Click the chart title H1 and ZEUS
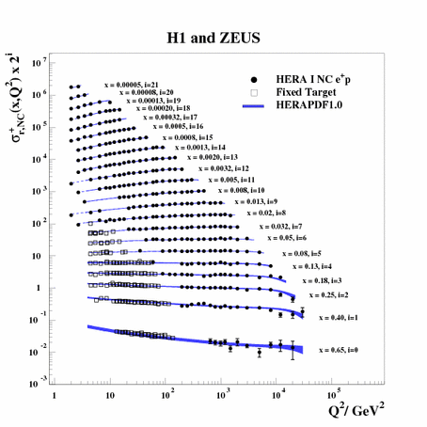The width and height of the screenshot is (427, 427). [215, 37]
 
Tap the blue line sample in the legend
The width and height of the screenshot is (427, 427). [262, 105]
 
